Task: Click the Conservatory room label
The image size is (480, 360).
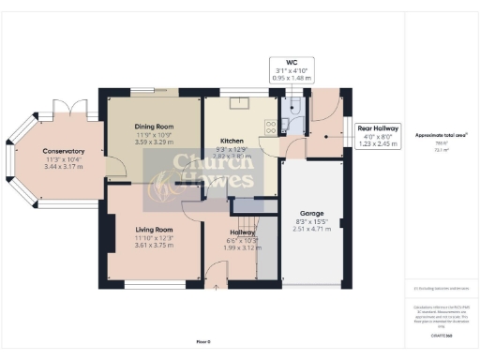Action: [64, 151]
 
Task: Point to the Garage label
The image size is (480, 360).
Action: [312, 213]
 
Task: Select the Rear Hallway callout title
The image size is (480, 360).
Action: [379, 127]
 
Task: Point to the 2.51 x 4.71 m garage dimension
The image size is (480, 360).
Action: [312, 229]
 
